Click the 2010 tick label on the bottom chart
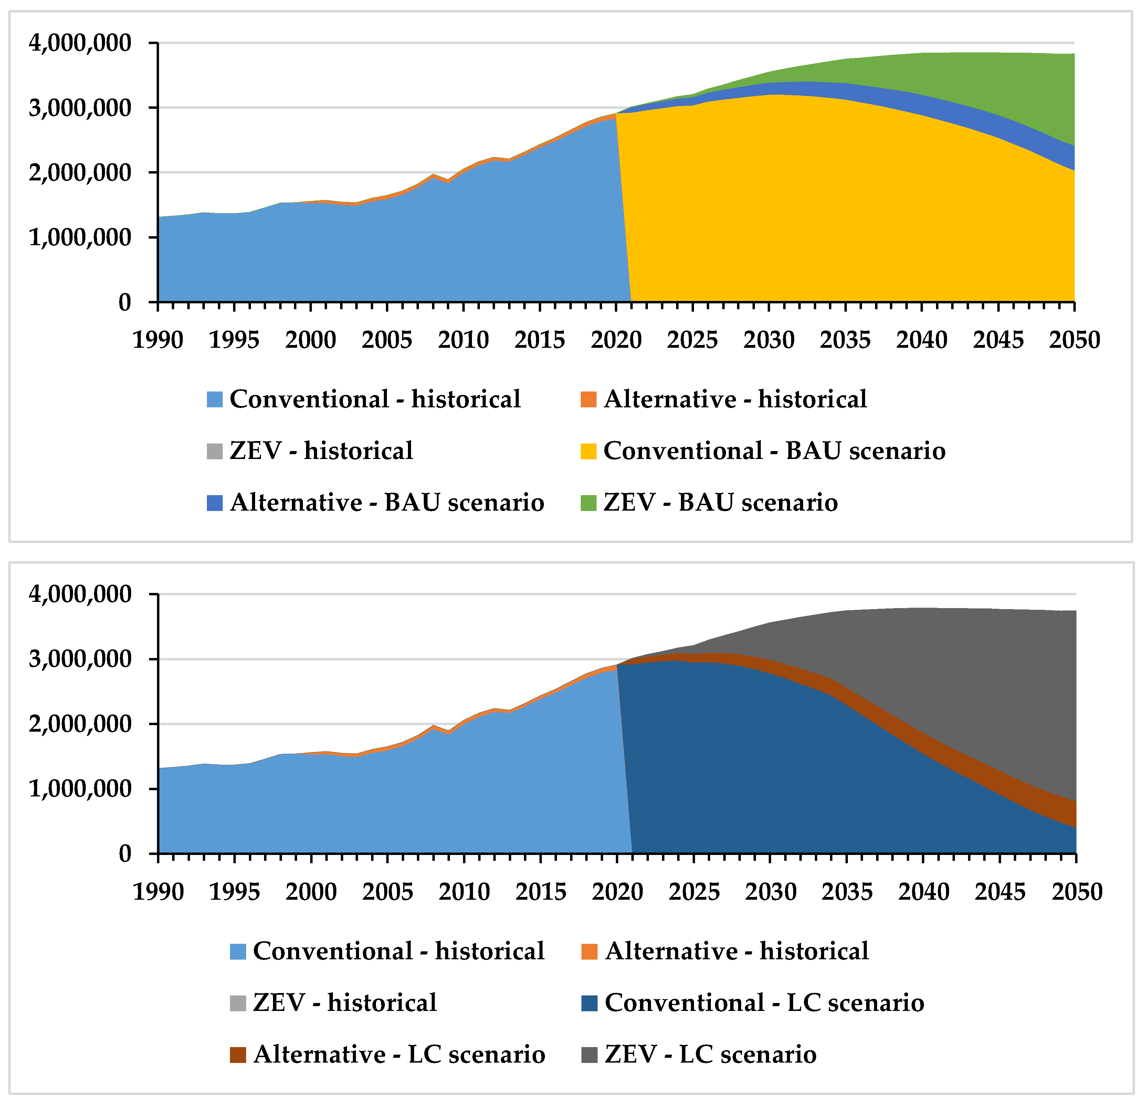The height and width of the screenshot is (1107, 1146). click(464, 891)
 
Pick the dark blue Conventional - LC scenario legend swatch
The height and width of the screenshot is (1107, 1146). click(589, 1003)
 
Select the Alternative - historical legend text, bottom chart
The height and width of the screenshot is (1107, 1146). click(737, 951)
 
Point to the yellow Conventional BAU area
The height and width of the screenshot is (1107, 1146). click(819, 205)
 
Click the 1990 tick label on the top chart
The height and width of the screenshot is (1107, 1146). click(158, 340)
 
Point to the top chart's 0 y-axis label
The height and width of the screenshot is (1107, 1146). click(125, 302)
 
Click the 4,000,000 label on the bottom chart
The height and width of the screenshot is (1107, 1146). click(80, 594)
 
